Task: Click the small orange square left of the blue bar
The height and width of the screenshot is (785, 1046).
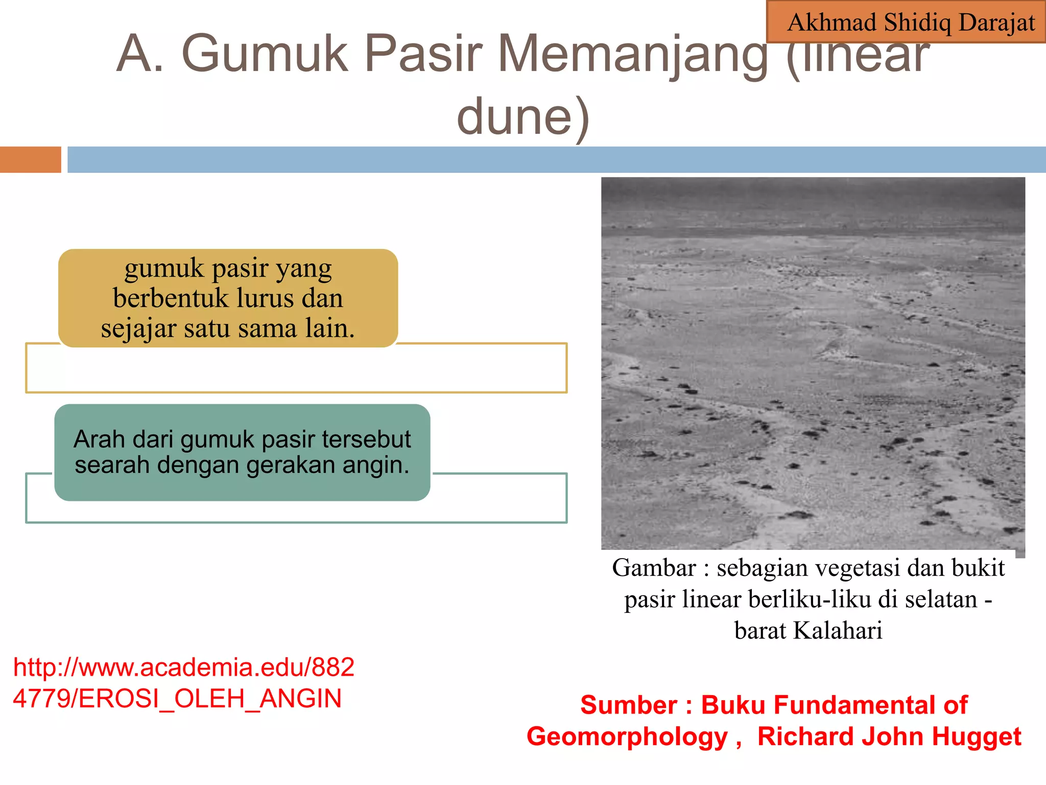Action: (x=30, y=159)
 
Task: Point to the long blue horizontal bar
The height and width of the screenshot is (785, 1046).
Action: (x=556, y=159)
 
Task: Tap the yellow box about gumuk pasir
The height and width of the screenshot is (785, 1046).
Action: (x=228, y=298)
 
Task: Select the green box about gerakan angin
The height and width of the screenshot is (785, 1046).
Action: (x=242, y=452)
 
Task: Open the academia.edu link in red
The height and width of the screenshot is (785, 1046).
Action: (x=184, y=668)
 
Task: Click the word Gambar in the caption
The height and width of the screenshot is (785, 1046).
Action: (x=654, y=568)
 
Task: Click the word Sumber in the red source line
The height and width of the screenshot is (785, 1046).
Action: (x=628, y=705)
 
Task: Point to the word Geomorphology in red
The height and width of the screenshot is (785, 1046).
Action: (x=627, y=737)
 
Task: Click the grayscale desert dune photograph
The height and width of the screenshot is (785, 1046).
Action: (x=813, y=363)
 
